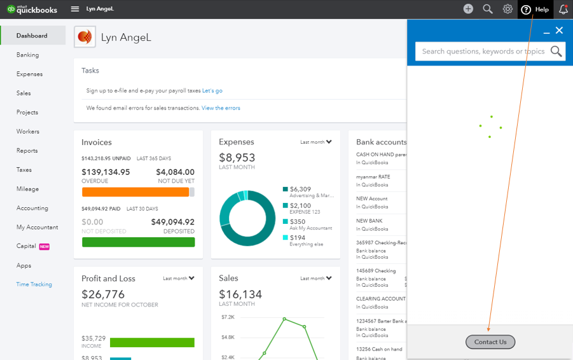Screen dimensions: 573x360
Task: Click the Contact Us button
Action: [490, 342]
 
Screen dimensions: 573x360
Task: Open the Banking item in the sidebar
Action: [27, 55]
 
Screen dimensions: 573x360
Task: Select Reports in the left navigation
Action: [27, 151]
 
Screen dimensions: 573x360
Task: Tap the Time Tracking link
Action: [34, 284]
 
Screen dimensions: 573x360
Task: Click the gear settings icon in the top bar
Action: [507, 9]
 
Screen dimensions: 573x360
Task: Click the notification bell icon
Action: [563, 9]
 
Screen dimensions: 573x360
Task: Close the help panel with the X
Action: [559, 31]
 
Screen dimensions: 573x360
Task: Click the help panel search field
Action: [483, 52]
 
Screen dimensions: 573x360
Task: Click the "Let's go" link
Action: [212, 91]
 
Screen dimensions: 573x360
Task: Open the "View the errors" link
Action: [221, 108]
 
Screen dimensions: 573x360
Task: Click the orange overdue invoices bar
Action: [135, 192]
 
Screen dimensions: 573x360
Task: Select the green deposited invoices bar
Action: [139, 242]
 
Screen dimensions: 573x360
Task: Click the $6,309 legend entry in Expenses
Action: [300, 190]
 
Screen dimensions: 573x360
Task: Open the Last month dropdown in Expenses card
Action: [316, 142]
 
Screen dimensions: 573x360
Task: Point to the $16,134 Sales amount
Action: [240, 294]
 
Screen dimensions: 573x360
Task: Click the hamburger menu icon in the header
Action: [75, 9]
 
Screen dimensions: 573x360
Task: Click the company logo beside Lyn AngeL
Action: [85, 36]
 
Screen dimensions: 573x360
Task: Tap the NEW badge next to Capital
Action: [45, 247]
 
